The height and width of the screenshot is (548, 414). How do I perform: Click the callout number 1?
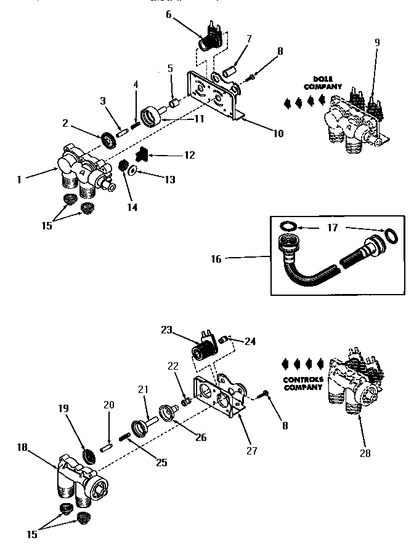[20, 180]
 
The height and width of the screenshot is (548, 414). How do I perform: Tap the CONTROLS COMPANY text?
[303, 383]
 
